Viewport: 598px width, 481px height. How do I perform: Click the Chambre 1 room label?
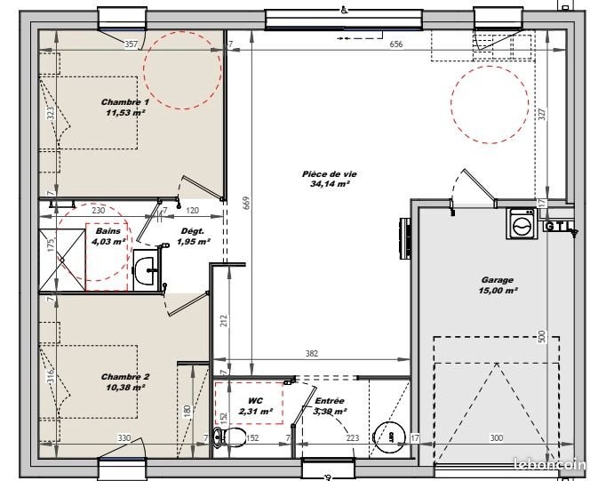125,102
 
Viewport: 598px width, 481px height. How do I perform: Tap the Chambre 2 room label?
125,376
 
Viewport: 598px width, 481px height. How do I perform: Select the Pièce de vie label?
324,174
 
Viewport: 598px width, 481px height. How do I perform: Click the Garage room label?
498,280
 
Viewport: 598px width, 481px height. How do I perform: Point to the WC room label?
254,400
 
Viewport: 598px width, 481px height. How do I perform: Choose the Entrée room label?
330,400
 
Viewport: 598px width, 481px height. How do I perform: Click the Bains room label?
108,230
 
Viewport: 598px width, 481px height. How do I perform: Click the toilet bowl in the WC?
233,436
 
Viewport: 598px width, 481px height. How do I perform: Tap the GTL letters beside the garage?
558,226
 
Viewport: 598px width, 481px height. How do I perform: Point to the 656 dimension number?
396,44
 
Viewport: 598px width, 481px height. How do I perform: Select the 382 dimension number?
312,354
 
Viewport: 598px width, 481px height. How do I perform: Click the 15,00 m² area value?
498,291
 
